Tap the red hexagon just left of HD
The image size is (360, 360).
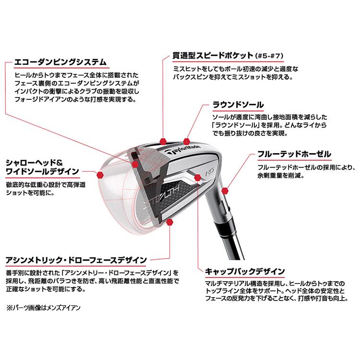198,178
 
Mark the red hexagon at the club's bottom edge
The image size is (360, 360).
171,222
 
